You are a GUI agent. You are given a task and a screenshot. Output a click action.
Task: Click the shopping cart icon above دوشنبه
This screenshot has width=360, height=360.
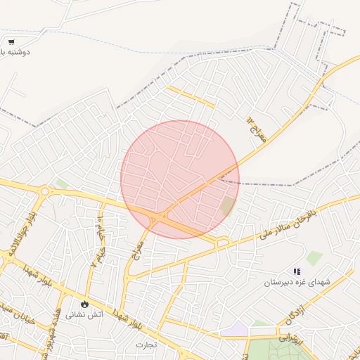tap(11, 42)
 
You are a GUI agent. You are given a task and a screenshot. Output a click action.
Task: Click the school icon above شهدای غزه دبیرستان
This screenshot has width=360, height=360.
tap(297, 271)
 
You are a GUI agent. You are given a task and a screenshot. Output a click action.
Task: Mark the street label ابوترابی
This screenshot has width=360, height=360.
tap(288, 337)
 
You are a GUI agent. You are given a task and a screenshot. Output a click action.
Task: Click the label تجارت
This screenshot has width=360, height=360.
tap(147, 345)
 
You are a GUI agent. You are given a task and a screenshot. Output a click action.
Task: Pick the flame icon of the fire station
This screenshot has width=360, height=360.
tap(84, 304)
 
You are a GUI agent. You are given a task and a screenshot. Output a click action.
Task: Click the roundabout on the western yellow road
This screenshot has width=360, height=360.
tap(46, 191)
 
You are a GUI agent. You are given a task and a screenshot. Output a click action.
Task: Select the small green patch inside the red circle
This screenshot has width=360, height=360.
tap(228, 207)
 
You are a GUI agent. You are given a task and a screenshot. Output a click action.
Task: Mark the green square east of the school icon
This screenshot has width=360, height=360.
tap(314, 258)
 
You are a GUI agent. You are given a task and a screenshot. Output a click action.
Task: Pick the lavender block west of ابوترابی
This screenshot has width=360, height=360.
tap(240, 328)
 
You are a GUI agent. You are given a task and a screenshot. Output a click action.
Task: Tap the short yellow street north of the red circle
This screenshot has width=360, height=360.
tap(191, 96)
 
